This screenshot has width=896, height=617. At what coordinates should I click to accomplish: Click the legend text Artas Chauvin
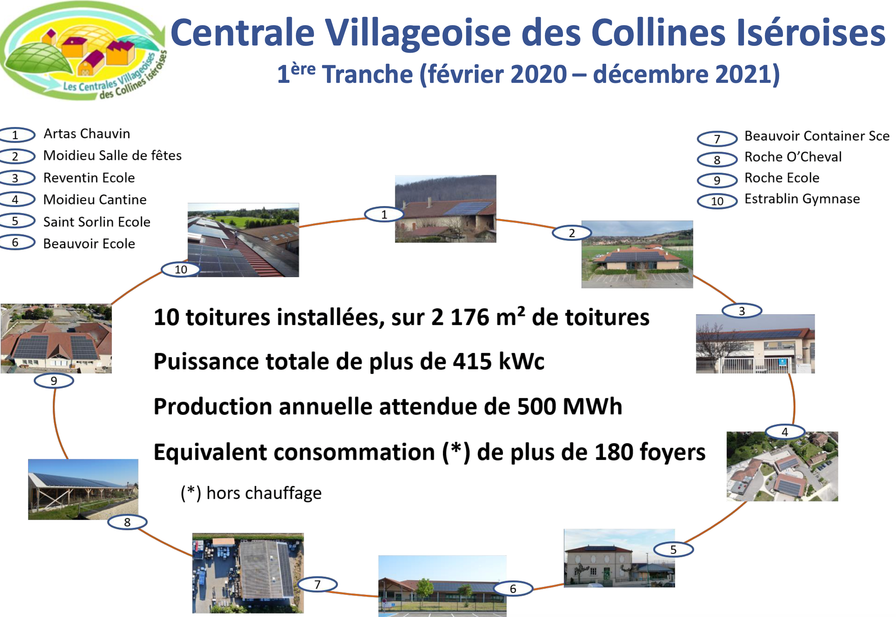(x=87, y=134)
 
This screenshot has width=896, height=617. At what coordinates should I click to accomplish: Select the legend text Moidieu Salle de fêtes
(x=112, y=155)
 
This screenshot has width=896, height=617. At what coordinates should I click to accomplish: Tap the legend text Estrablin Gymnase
(x=802, y=199)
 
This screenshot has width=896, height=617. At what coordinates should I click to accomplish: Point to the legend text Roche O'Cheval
(x=793, y=157)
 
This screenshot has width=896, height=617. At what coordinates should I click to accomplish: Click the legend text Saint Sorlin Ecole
(x=97, y=222)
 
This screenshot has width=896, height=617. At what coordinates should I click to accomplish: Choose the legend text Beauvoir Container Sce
(x=817, y=136)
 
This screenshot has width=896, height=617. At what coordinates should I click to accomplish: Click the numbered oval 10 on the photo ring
(x=181, y=270)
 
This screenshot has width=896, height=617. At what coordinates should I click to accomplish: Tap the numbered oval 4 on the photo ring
(x=785, y=432)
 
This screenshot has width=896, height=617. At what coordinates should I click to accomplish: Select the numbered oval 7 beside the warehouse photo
(x=317, y=584)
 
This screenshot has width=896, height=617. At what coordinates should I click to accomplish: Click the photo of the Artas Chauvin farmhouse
(x=445, y=209)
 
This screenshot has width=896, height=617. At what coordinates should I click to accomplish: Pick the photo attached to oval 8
(x=83, y=489)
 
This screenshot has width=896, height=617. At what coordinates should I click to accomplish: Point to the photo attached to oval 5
(x=619, y=558)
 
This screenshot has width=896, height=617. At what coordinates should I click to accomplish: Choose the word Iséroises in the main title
(x=811, y=33)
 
